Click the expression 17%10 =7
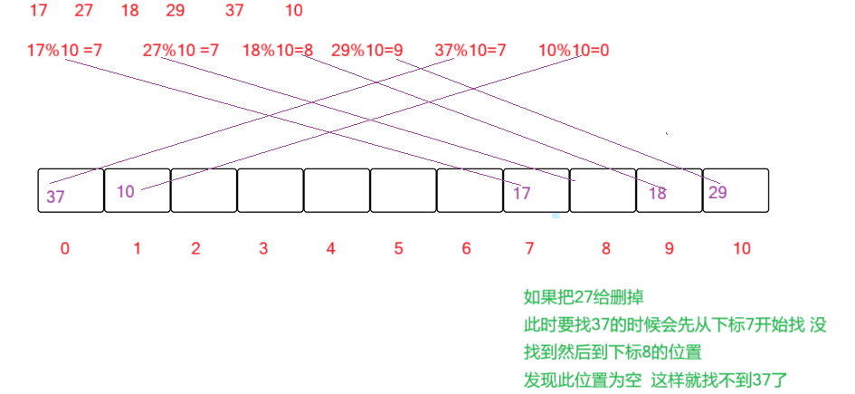(x=64, y=51)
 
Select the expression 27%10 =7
(x=181, y=51)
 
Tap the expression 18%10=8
(x=278, y=51)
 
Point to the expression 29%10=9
(x=366, y=51)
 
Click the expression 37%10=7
(x=470, y=51)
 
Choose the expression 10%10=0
(x=574, y=51)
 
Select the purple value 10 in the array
(x=126, y=191)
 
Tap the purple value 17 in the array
(x=521, y=193)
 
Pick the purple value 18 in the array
(x=658, y=194)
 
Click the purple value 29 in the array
(x=717, y=192)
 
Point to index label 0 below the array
(x=64, y=248)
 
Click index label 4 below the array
(x=331, y=248)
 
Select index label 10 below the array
(x=742, y=248)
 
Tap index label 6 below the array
(x=467, y=248)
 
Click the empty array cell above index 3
(x=271, y=190)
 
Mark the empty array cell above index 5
(x=404, y=190)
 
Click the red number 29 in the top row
(x=176, y=12)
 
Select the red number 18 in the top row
(x=128, y=12)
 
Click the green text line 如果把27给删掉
(x=584, y=296)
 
